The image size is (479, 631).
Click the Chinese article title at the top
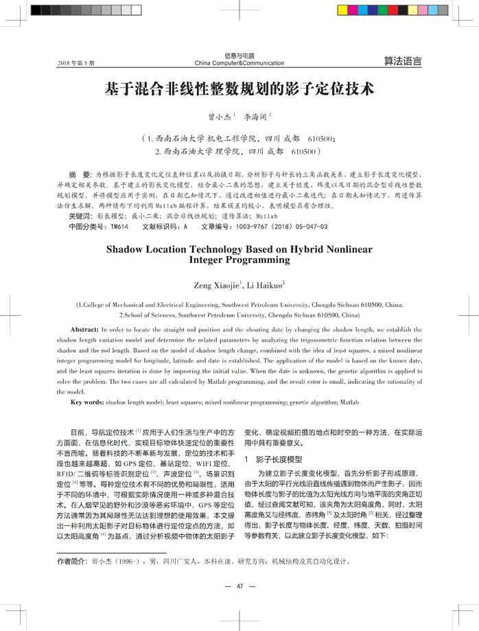[239, 90]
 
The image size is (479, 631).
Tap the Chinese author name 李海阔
[258, 117]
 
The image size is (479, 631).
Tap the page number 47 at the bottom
[239, 586]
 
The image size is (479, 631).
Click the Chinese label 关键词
[80, 216]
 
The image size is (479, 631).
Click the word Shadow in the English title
[127, 249]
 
